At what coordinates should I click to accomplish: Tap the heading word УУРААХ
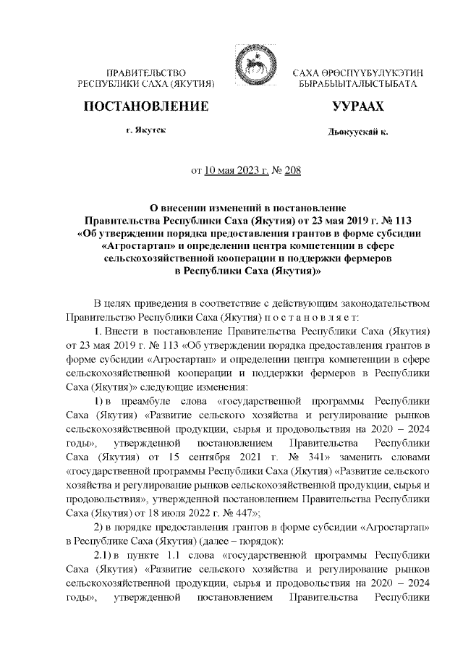[x=357, y=107]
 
